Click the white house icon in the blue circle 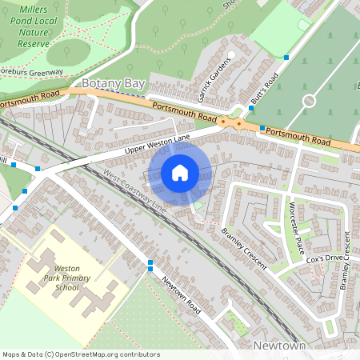[180, 173]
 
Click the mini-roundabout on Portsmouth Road [238, 123]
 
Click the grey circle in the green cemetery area [309, 101]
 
